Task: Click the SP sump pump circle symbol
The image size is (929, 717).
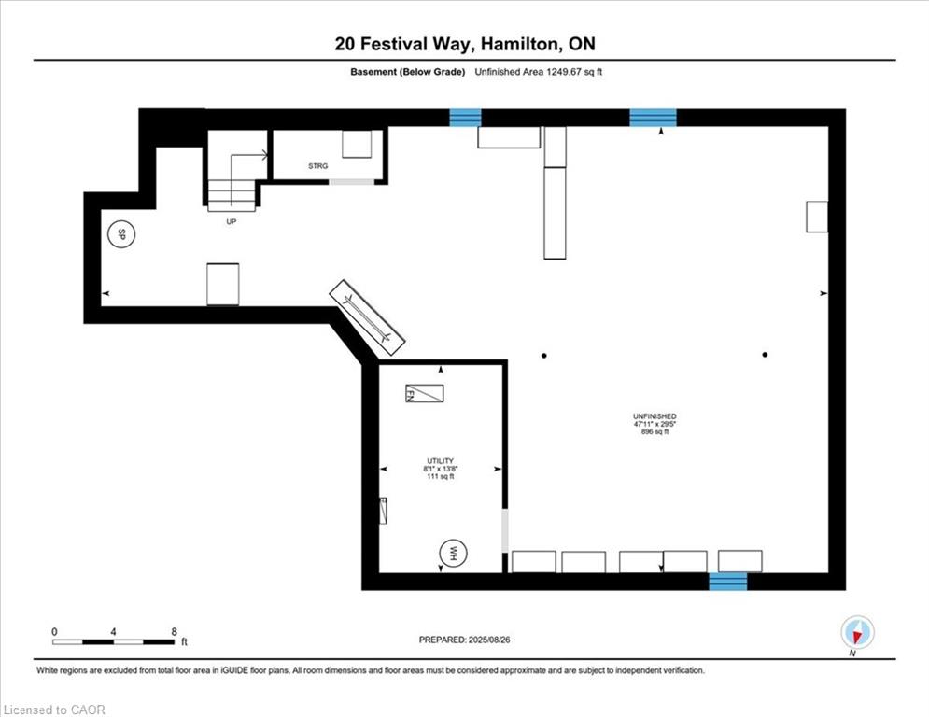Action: pos(120,234)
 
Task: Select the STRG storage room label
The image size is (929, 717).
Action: pos(318,167)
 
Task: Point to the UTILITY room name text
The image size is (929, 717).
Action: pos(440,461)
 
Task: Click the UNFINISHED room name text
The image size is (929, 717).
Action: pos(654,416)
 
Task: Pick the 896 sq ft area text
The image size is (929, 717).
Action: pos(654,432)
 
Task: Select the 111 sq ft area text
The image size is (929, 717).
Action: pos(440,477)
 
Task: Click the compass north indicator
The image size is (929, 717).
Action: pos(856,634)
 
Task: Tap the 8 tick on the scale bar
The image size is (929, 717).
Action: pos(175,631)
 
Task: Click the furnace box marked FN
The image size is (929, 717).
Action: pos(424,394)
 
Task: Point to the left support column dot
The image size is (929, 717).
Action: pos(543,355)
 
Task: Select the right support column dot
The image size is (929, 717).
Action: pos(765,355)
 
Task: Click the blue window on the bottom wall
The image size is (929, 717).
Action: pos(728,582)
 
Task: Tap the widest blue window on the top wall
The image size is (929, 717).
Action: pos(653,118)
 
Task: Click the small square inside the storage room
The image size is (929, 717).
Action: pos(357,146)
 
